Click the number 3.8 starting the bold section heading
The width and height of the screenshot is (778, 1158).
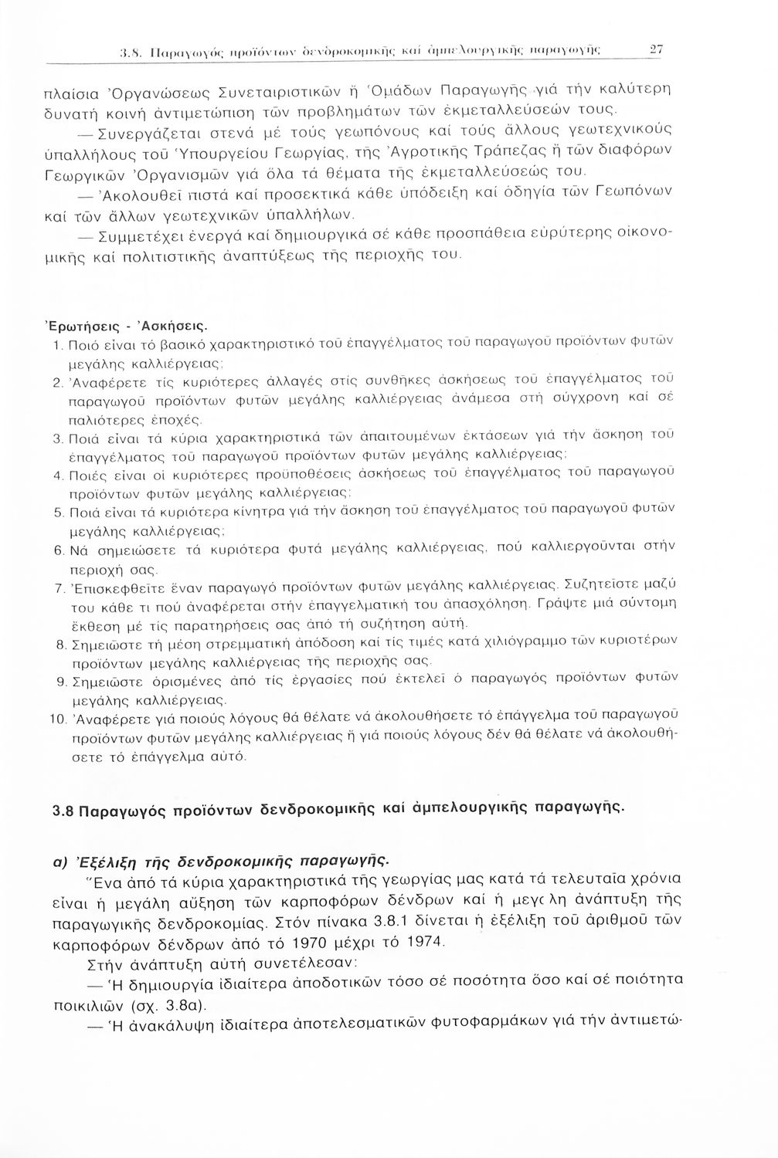tap(64, 812)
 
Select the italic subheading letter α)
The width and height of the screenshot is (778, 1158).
tap(59, 860)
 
